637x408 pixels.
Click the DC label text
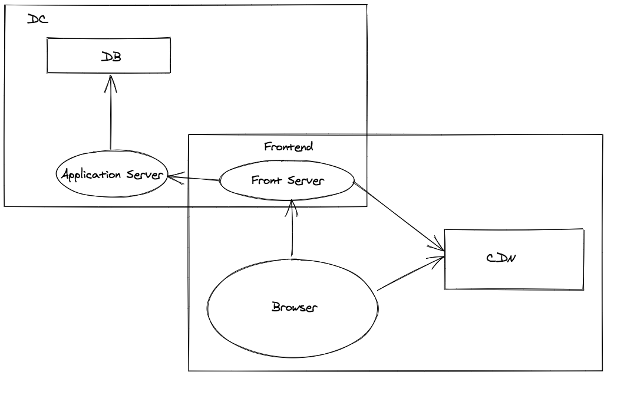[37, 19]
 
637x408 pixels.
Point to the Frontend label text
[288, 147]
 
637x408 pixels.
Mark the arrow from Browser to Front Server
[292, 230]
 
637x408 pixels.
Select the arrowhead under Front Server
[291, 208]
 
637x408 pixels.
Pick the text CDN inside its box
[501, 258]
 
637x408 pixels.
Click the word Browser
[294, 307]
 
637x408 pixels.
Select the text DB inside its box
[111, 57]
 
